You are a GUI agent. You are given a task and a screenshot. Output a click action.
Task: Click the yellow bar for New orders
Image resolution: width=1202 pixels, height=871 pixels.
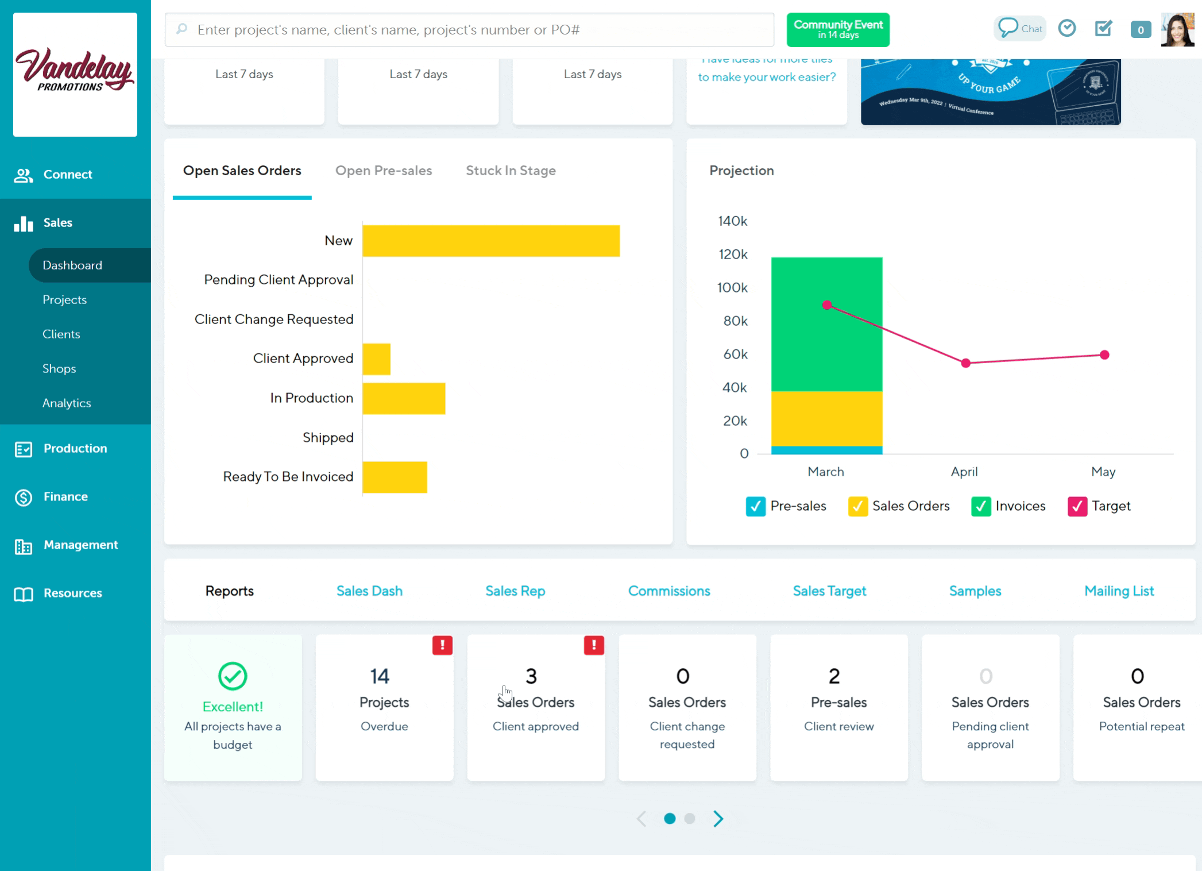tap(491, 241)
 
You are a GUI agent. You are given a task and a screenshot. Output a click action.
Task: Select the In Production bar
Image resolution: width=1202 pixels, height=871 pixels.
tap(404, 398)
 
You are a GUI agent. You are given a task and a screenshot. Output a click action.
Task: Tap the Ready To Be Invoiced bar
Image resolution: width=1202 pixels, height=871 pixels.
tap(395, 477)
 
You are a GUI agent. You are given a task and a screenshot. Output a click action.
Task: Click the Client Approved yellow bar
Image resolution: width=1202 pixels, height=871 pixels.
tap(377, 359)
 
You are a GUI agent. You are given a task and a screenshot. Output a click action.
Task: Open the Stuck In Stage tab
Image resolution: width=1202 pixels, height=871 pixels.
tap(511, 171)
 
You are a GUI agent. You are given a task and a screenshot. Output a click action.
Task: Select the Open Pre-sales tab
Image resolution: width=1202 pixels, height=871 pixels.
tap(383, 171)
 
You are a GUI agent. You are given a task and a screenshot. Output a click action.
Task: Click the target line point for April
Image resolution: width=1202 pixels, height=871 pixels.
tap(966, 363)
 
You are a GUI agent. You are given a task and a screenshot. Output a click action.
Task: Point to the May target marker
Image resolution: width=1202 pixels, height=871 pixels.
tap(1104, 355)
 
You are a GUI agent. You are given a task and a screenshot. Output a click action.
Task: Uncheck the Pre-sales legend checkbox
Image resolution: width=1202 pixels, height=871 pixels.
tap(755, 506)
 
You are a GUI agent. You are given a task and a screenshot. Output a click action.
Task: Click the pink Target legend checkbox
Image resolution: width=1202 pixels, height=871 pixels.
tap(1077, 506)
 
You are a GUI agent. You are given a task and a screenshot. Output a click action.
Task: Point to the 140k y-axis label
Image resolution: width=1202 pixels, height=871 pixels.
tap(732, 221)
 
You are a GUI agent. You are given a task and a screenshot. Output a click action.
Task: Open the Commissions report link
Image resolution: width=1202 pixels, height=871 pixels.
tap(669, 591)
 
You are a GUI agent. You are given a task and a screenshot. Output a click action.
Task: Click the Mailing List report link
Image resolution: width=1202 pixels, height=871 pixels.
tap(1119, 591)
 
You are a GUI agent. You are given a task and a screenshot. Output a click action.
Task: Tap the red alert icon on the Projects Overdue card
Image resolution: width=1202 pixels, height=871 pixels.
tap(442, 645)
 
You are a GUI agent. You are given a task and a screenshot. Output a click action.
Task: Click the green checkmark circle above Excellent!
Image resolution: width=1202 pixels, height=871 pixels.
tap(233, 676)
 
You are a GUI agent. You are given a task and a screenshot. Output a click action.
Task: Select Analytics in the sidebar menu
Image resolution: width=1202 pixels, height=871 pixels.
tap(67, 403)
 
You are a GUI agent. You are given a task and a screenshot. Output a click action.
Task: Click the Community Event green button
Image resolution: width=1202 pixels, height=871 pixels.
tap(838, 29)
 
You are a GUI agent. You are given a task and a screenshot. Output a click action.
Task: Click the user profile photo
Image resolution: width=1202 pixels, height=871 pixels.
tap(1177, 29)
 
